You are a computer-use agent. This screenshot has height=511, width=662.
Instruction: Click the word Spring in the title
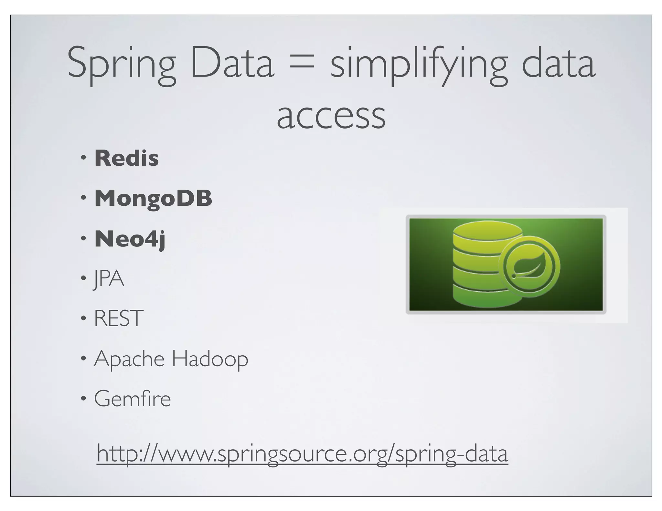click(x=121, y=65)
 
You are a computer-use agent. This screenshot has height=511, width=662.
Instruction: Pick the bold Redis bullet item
click(x=126, y=158)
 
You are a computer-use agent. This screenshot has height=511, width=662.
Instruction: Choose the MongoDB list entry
click(x=153, y=198)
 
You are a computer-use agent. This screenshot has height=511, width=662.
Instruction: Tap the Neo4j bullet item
click(x=130, y=239)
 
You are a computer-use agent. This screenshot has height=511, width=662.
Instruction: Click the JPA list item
click(x=109, y=279)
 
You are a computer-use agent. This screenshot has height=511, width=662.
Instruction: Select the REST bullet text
click(x=119, y=318)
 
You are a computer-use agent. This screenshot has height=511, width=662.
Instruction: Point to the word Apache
click(x=129, y=359)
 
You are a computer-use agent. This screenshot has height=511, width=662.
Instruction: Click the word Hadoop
click(x=210, y=359)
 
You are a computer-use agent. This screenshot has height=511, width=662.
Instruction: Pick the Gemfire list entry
click(x=132, y=399)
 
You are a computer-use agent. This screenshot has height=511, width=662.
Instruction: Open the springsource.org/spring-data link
click(x=302, y=454)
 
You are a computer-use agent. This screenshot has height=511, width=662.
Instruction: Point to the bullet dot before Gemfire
click(x=84, y=399)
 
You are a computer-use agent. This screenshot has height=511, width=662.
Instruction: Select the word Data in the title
click(x=232, y=65)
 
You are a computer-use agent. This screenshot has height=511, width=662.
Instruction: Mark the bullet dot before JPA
click(x=84, y=279)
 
